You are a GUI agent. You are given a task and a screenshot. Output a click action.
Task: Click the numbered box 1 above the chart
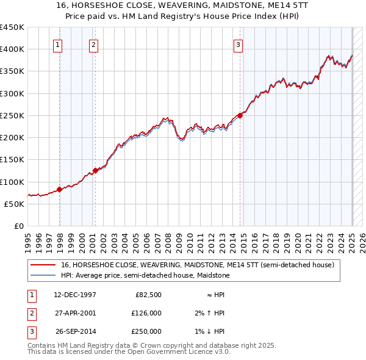(x=57, y=44)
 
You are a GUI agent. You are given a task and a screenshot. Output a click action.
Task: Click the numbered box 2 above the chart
(x=93, y=44)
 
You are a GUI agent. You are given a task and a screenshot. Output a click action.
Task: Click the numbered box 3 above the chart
(x=238, y=44)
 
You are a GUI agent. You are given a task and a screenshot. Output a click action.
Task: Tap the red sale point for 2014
(x=240, y=115)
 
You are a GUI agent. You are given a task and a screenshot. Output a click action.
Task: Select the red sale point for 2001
(x=95, y=170)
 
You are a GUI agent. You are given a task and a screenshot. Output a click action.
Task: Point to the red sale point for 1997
(x=59, y=189)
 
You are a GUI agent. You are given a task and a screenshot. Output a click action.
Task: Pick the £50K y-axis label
(x=15, y=204)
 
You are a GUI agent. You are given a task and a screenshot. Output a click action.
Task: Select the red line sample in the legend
(x=42, y=265)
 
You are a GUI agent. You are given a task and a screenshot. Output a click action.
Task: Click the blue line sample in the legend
(x=42, y=275)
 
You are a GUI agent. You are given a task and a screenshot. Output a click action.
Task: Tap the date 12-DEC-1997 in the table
(x=75, y=295)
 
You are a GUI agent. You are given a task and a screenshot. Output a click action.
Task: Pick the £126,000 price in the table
(x=147, y=313)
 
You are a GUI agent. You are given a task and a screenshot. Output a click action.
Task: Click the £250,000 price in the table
(x=147, y=331)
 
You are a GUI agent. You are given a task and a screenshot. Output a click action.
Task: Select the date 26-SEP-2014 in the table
(x=75, y=331)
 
